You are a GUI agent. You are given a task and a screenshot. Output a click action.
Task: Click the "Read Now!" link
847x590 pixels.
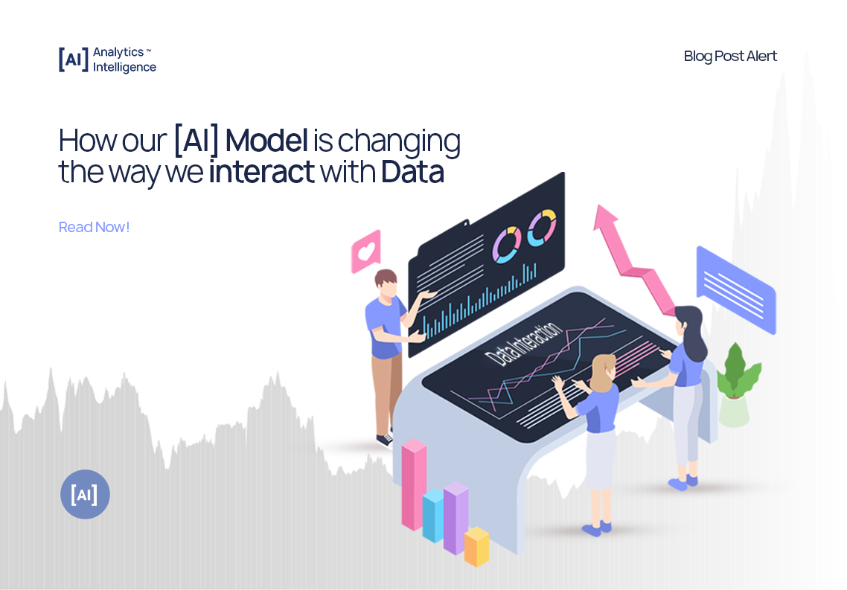[x=94, y=227]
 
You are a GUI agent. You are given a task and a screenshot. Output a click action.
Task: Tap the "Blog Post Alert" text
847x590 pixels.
[x=730, y=56]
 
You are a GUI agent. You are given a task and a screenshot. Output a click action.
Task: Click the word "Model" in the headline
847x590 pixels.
[x=266, y=140]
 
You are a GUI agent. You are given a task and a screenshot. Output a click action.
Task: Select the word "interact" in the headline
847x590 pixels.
[x=261, y=172]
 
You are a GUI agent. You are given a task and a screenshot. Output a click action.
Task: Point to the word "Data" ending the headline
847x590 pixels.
[x=412, y=172]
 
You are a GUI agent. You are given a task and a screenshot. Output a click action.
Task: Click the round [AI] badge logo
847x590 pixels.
[x=85, y=494]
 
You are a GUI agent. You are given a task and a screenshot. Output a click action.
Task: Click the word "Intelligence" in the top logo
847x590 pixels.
[x=124, y=67]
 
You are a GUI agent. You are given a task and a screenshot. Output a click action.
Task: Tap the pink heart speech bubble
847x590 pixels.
[x=365, y=251]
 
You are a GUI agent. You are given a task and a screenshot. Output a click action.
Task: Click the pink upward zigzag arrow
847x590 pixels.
[x=633, y=257]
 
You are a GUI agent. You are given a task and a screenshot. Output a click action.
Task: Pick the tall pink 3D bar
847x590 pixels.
[x=414, y=484]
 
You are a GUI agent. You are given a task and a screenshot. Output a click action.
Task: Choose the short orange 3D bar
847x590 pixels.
[x=476, y=547]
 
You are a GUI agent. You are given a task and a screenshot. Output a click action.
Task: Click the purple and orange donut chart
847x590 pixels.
[x=507, y=243]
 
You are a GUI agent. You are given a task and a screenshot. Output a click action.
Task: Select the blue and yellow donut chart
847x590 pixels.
[x=542, y=227]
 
